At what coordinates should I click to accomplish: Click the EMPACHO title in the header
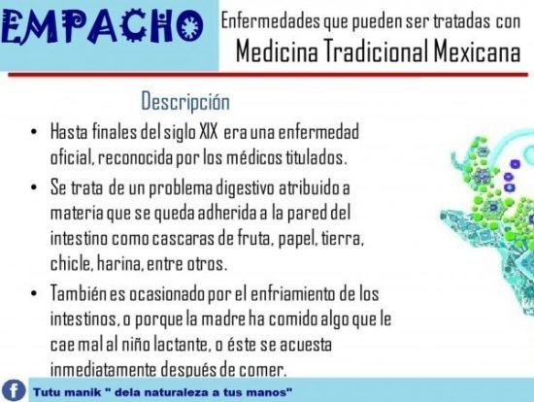tap(102, 27)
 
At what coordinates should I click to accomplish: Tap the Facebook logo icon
tap(14, 390)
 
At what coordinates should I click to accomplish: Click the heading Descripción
tap(185, 102)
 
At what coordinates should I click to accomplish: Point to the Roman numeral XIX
tap(208, 132)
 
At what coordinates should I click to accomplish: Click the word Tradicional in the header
tap(376, 51)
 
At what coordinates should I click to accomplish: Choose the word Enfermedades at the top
tap(271, 20)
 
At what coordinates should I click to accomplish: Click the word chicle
tap(71, 263)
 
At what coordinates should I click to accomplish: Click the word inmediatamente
tap(103, 370)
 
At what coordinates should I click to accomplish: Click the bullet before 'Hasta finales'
tap(33, 132)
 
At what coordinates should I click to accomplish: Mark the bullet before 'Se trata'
tap(33, 187)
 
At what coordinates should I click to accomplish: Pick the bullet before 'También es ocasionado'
tap(33, 293)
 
